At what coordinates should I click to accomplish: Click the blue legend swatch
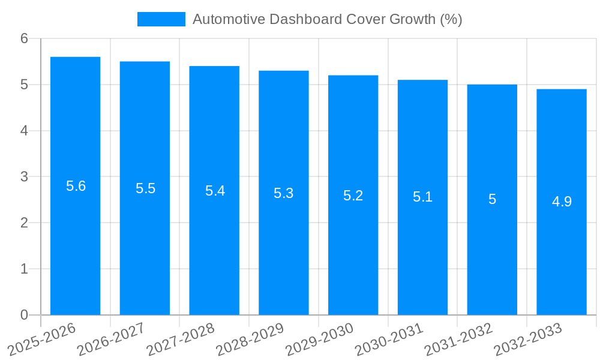pos(161,19)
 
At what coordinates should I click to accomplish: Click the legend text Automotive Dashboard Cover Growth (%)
pos(327,19)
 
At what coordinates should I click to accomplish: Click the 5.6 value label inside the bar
pos(76,186)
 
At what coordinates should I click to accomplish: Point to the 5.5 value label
pos(145,188)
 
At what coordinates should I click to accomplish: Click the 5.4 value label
pos(215,191)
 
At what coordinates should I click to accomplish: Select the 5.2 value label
pos(353,196)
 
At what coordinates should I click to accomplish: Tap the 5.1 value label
pos(422,197)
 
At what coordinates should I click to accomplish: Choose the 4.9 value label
pos(562,202)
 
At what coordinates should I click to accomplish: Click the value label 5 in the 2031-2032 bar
pos(492,199)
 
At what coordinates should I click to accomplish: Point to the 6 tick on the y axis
pos(24,38)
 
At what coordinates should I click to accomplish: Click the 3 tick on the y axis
pos(24,177)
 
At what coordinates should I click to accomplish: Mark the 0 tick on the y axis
pos(24,315)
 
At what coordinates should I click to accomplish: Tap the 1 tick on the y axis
pos(24,269)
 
